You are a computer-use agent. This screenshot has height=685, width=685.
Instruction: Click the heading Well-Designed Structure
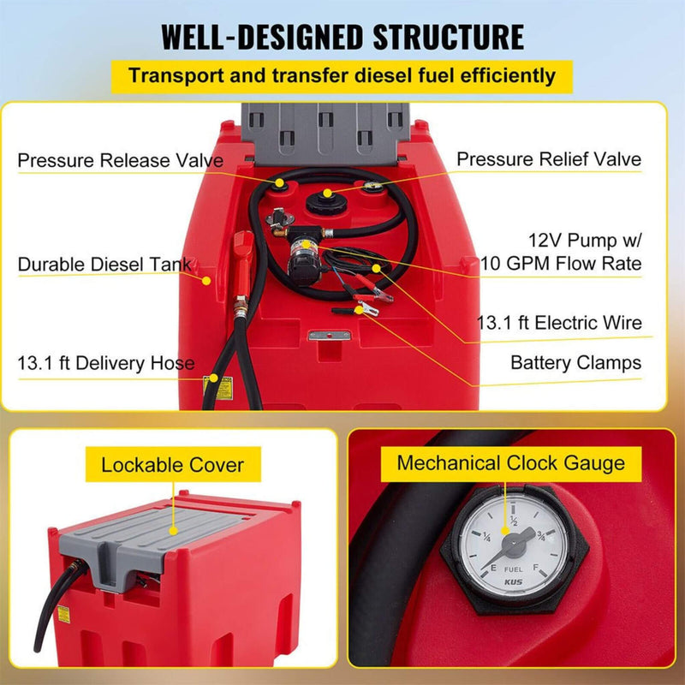(x=342, y=38)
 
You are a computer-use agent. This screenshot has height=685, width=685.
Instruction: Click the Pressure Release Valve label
(x=121, y=160)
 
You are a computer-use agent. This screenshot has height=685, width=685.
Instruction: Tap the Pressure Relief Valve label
(x=548, y=159)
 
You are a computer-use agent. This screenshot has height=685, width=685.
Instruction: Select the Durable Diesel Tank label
(x=104, y=265)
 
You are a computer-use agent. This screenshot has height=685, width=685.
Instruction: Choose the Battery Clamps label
(x=575, y=363)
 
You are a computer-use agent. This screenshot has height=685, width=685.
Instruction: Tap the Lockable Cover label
(x=172, y=466)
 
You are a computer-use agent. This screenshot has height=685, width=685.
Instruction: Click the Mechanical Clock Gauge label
(x=510, y=463)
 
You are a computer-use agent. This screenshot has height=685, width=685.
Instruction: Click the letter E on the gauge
(x=474, y=567)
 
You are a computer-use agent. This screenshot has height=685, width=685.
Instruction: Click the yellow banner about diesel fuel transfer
(x=342, y=75)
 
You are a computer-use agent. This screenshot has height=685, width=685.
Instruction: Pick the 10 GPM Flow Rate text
(x=561, y=263)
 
